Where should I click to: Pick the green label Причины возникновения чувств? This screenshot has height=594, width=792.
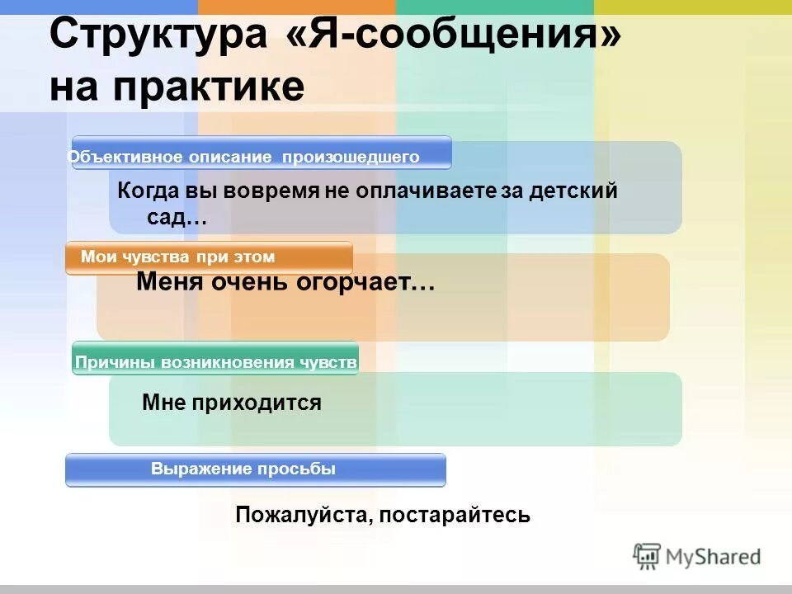pyautogui.click(x=215, y=362)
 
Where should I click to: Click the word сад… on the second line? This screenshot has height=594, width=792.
pyautogui.click(x=176, y=218)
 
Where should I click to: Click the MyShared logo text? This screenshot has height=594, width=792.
pyautogui.click(x=713, y=557)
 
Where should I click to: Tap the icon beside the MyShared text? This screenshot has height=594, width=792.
pyautogui.click(x=647, y=556)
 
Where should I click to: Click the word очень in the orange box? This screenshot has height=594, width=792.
pyautogui.click(x=243, y=283)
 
